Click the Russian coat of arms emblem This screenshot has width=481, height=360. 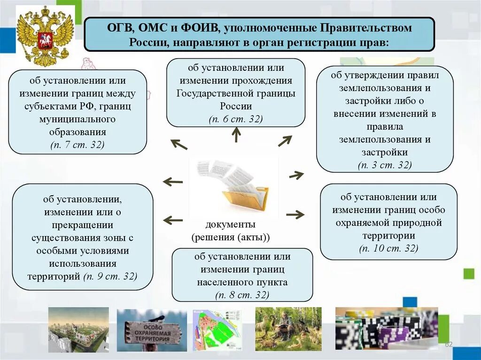point(45,36)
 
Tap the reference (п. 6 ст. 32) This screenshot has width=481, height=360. point(236,119)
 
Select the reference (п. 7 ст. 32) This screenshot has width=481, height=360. point(78,145)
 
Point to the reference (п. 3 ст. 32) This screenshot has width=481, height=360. point(385,165)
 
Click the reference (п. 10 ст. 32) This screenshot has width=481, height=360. point(388,248)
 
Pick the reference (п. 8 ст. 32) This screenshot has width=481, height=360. point(242,295)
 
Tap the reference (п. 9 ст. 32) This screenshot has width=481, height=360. point(110,276)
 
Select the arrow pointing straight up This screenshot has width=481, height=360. point(236,135)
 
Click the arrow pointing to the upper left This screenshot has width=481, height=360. point(178,144)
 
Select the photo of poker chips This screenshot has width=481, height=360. point(386,329)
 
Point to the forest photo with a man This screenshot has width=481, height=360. point(288,329)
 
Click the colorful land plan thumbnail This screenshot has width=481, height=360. point(217,330)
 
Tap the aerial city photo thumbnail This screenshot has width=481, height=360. point(78,329)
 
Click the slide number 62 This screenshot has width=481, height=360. point(449,345)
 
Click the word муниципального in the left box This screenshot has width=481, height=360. point(78,119)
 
